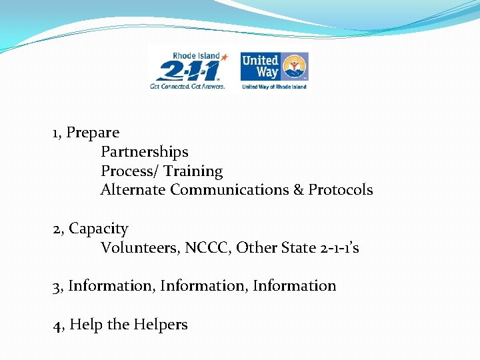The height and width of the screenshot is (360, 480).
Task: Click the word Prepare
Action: click(x=93, y=133)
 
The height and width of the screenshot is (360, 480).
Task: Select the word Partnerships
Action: click(x=144, y=152)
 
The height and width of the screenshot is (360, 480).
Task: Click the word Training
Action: click(x=193, y=171)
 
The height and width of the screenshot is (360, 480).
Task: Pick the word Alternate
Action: click(x=133, y=190)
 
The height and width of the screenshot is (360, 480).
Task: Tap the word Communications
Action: click(x=229, y=190)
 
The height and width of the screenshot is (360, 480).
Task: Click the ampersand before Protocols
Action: click(x=299, y=190)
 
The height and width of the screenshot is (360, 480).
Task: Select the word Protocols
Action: click(x=341, y=190)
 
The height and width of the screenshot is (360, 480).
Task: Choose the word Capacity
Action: click(x=99, y=229)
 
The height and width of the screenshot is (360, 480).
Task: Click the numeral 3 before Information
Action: click(x=57, y=286)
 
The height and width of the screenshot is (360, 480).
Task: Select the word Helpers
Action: click(x=161, y=325)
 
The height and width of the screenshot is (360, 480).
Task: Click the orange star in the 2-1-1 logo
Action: click(x=224, y=58)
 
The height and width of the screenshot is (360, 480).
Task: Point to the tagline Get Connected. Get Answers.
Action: click(x=187, y=86)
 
